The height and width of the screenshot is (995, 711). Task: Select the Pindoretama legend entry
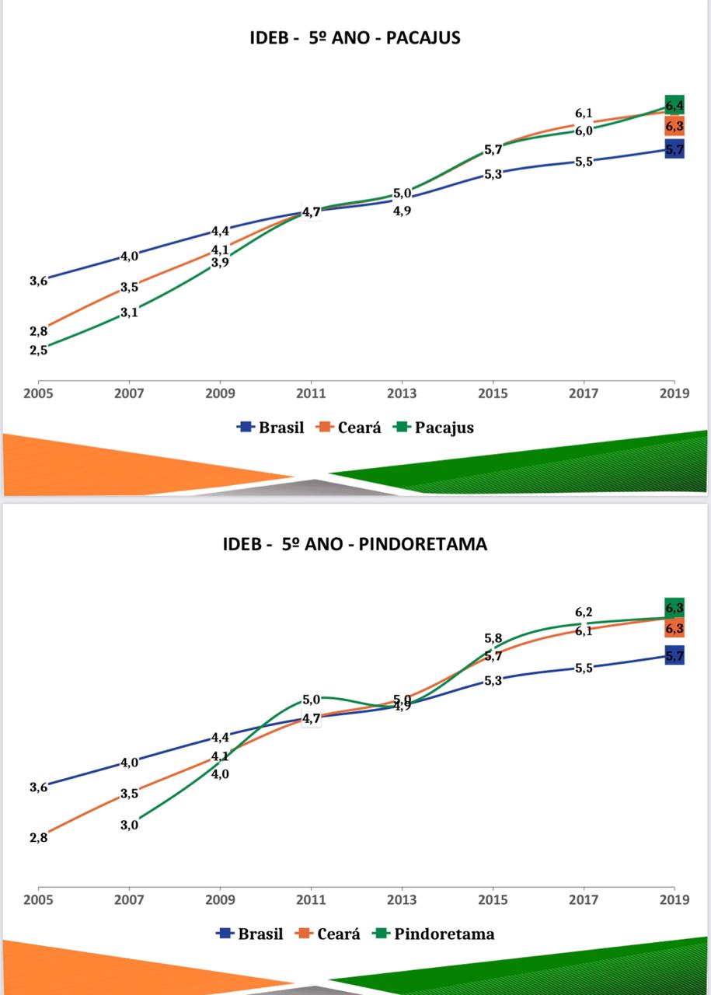pos(444,934)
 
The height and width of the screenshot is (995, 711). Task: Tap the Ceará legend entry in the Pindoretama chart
pos(338,934)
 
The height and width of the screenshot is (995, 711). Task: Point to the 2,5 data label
pos(39,350)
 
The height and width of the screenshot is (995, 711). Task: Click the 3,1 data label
pos(129,312)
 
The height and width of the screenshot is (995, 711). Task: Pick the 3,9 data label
pos(220,263)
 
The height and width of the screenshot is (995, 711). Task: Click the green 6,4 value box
pos(674,105)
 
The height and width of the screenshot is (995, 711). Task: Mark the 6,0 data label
pos(584,131)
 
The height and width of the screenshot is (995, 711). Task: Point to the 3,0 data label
pos(129,825)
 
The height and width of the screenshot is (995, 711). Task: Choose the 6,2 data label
pos(584,613)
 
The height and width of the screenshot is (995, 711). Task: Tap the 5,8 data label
pos(493,639)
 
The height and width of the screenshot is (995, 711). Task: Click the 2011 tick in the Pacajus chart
pos(311,393)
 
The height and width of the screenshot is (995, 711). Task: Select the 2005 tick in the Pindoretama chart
pos(39,899)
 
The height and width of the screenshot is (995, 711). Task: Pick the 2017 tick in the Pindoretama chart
pos(584,899)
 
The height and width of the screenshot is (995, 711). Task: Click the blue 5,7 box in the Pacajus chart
pos(674,150)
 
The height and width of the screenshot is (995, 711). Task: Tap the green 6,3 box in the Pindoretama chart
pos(674,608)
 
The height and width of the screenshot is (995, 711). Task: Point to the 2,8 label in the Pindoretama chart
pos(39,837)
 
